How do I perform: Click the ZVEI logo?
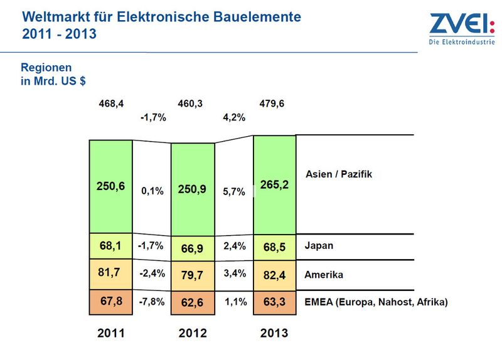click(x=462, y=28)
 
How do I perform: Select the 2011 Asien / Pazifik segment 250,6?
click(x=111, y=186)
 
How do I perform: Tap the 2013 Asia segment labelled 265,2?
click(x=275, y=184)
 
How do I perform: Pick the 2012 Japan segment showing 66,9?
click(x=193, y=248)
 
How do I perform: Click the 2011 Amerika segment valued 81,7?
click(x=111, y=274)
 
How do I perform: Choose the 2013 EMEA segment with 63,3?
click(x=275, y=302)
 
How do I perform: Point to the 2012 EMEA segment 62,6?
click(x=193, y=303)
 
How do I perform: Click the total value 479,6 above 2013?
click(x=272, y=103)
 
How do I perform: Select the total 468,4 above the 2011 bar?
click(x=111, y=103)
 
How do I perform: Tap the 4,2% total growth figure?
click(x=234, y=117)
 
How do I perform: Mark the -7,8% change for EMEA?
click(x=152, y=302)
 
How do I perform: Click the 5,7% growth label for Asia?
click(x=234, y=192)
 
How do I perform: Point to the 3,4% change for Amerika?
click(x=235, y=273)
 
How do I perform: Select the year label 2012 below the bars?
click(x=193, y=333)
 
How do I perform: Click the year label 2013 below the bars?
click(x=274, y=333)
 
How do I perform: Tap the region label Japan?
click(x=319, y=246)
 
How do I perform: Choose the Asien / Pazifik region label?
click(x=339, y=174)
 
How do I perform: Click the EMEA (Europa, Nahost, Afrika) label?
click(x=376, y=302)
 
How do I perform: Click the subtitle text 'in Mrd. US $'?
click(x=53, y=81)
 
